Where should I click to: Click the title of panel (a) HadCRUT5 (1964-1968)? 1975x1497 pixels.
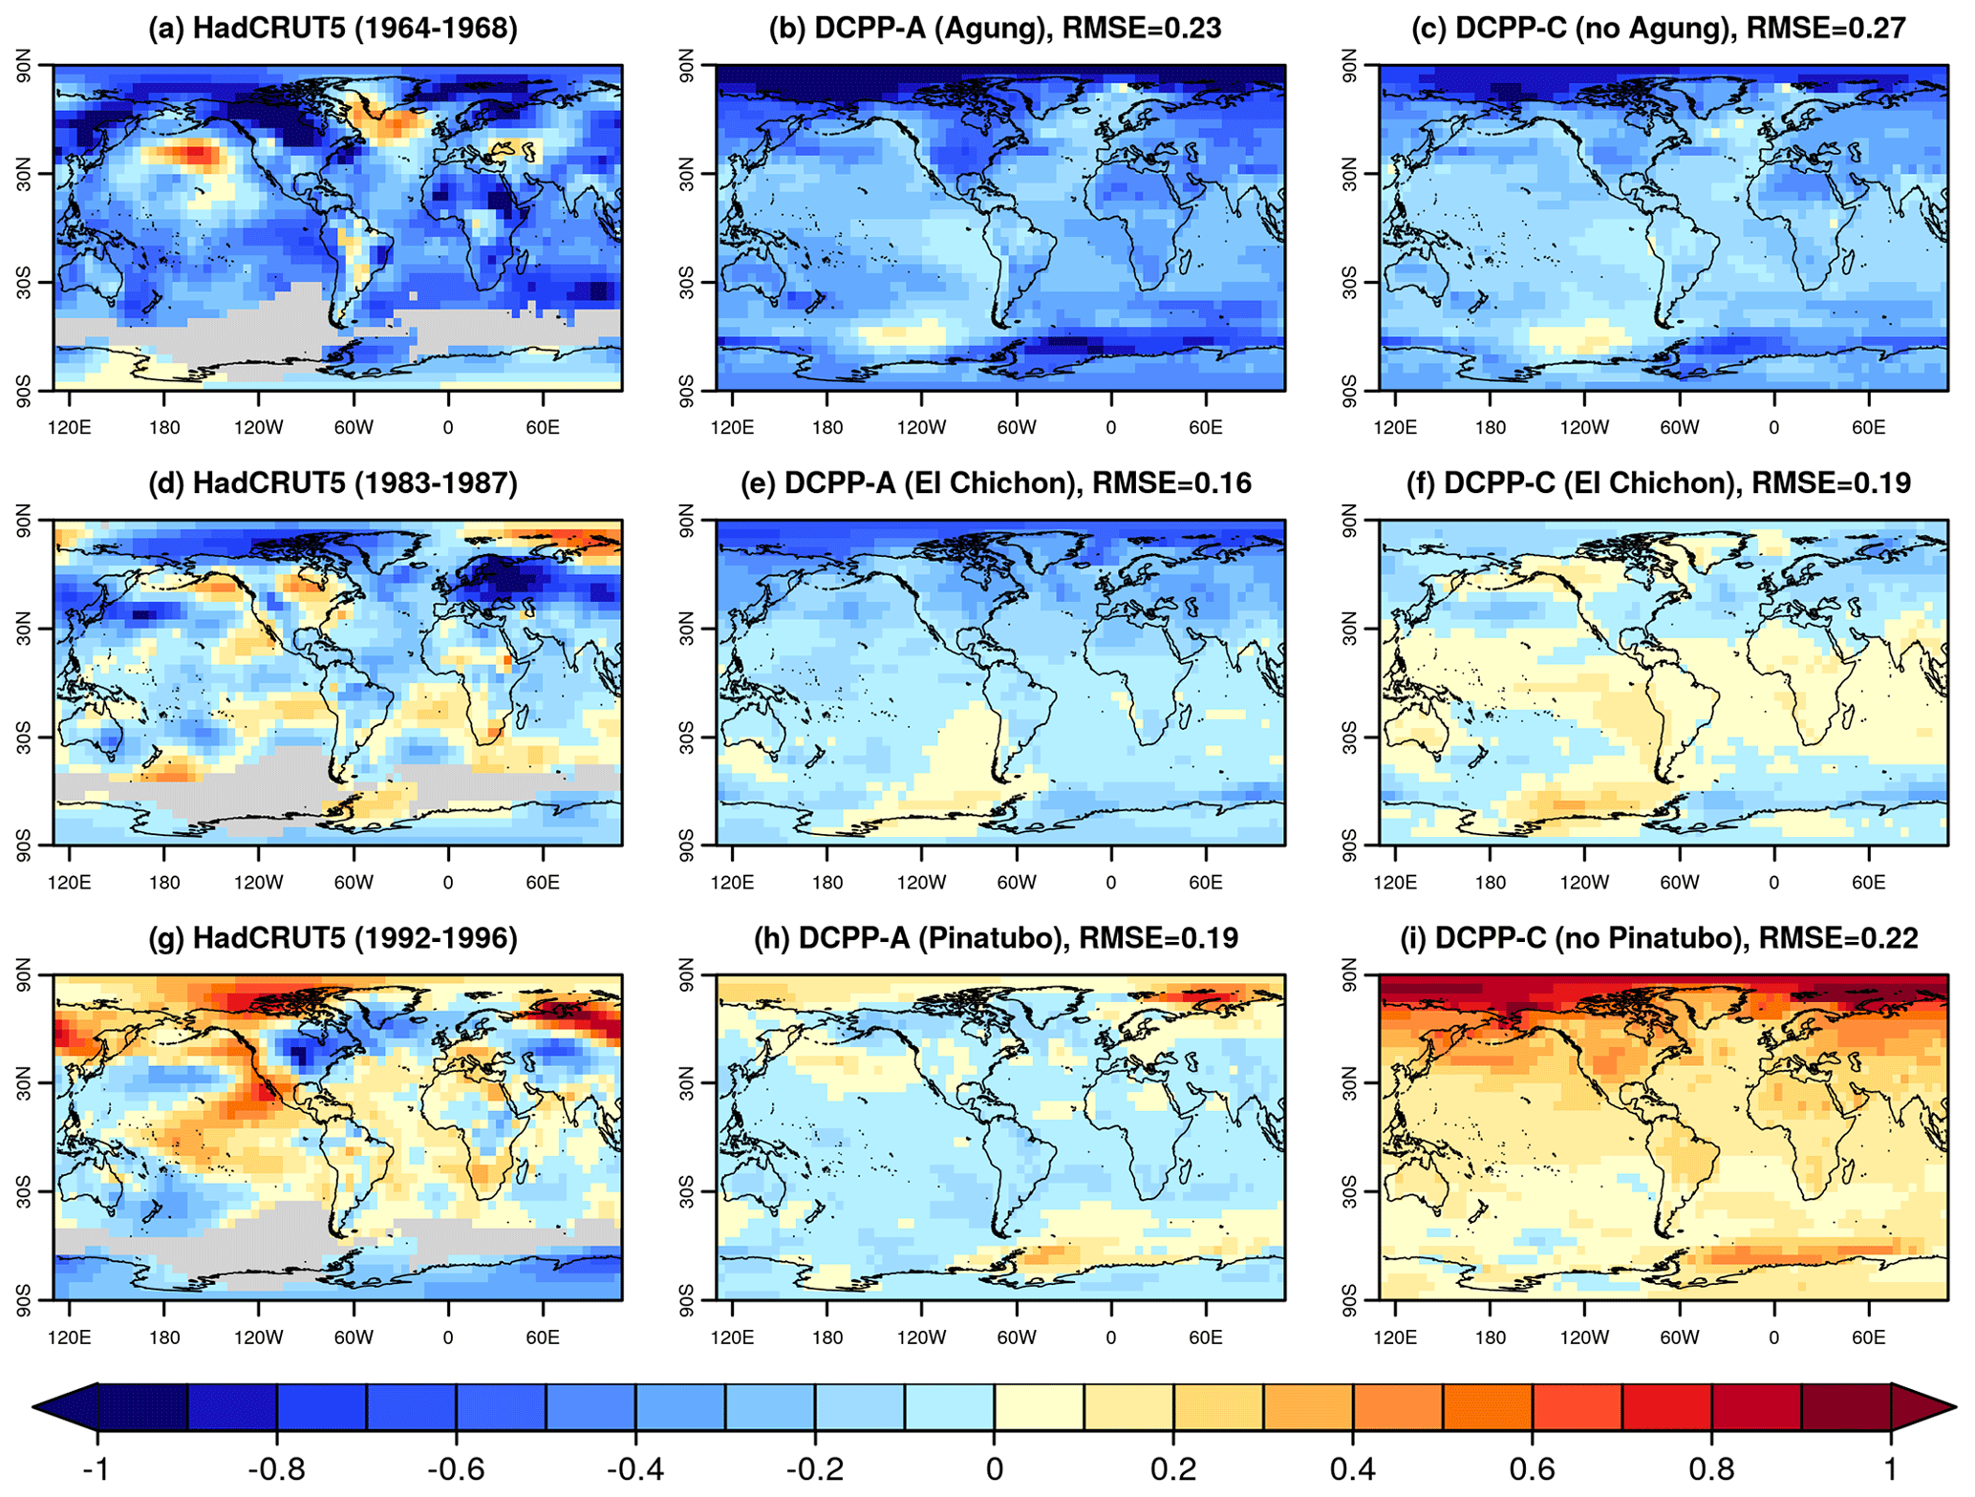[x=333, y=29]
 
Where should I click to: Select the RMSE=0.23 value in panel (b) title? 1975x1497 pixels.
[x=1142, y=29]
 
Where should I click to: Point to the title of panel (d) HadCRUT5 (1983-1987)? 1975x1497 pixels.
[x=333, y=483]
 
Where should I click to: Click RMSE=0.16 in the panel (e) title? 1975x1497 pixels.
[x=1171, y=483]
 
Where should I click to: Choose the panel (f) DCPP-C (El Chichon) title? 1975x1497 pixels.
[x=1659, y=483]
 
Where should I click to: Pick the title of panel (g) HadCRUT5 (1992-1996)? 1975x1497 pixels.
[x=333, y=938]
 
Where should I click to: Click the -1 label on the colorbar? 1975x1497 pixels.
[x=96, y=1467]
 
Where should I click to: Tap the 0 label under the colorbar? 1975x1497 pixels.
[x=994, y=1467]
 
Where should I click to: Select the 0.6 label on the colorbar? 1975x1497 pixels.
[x=1532, y=1467]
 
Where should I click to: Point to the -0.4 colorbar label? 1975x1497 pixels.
[x=634, y=1467]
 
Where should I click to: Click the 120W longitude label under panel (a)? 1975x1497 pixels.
[x=259, y=427]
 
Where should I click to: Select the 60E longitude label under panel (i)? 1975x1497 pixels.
[x=1868, y=1337]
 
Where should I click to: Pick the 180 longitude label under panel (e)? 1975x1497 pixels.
[x=827, y=882]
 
